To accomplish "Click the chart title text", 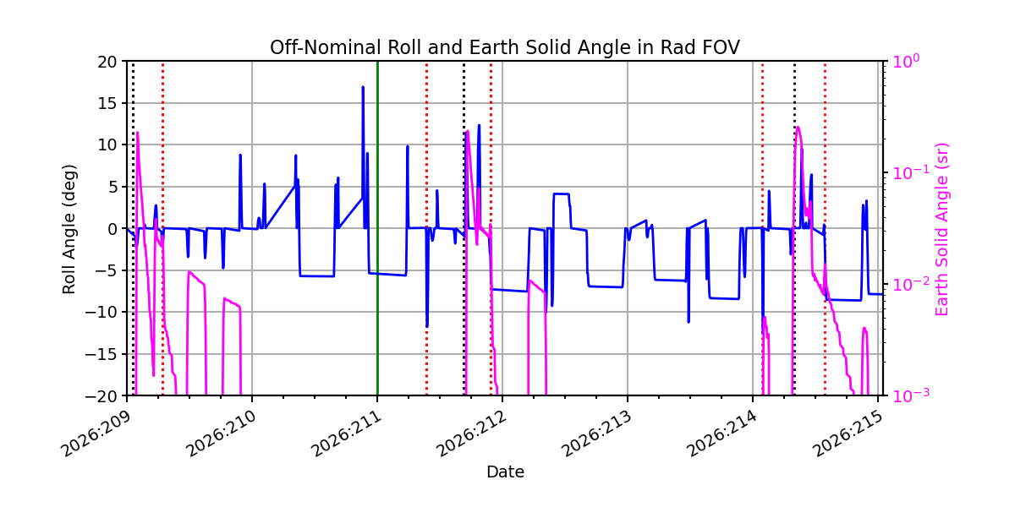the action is pyautogui.click(x=505, y=47).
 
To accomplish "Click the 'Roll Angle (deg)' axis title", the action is pyautogui.click(x=69, y=229).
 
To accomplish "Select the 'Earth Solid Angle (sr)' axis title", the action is pyautogui.click(x=941, y=230).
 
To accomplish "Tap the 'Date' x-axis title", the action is pyautogui.click(x=505, y=472).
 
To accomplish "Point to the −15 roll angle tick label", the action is pyautogui.click(x=102, y=354).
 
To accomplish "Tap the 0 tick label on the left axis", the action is pyautogui.click(x=112, y=229).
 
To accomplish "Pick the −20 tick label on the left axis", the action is pyautogui.click(x=102, y=396).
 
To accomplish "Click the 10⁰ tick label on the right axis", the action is pyautogui.click(x=906, y=61).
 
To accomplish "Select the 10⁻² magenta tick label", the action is pyautogui.click(x=911, y=284).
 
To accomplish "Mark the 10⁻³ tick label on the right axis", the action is pyautogui.click(x=911, y=395).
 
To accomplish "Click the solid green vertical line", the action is pyautogui.click(x=377, y=229).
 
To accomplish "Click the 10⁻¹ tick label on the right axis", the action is pyautogui.click(x=911, y=172).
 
